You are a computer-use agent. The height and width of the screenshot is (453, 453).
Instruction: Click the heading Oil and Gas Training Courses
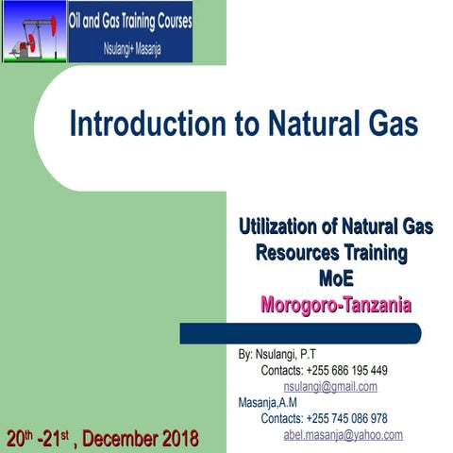(x=130, y=20)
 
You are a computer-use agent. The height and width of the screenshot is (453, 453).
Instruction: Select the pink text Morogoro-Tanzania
(x=336, y=306)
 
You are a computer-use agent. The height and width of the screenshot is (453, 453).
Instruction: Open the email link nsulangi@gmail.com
(x=330, y=387)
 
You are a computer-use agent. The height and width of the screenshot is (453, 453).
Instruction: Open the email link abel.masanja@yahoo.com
(x=343, y=435)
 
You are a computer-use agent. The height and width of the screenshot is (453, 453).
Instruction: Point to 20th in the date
(x=20, y=438)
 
